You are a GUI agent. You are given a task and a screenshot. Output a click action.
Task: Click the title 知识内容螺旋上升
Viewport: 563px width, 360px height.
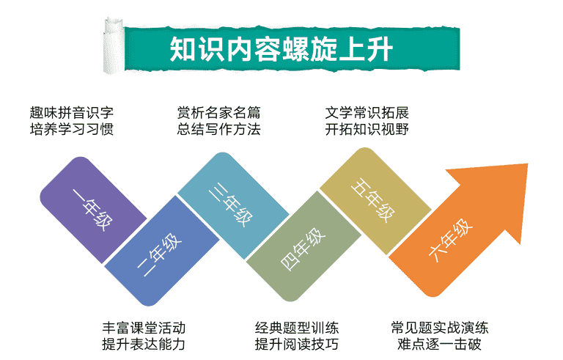coord(281,49)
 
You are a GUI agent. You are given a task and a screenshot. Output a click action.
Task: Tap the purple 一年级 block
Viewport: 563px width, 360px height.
coord(93,210)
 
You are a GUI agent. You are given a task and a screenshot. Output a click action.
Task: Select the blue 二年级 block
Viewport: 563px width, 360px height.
coord(162,251)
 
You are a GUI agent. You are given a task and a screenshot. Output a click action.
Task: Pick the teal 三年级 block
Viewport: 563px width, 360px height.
coord(233,205)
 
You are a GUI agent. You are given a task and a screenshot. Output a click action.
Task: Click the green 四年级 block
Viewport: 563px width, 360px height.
coord(303,246)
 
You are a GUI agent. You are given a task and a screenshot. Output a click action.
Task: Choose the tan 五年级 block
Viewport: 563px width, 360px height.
coord(375,201)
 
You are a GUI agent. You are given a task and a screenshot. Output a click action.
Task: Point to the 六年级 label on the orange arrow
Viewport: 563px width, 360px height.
coord(450,240)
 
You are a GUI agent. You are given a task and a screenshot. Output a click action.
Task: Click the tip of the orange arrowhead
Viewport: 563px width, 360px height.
coord(528,164)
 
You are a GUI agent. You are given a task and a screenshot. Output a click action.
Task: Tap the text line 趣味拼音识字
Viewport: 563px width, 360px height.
coord(72,113)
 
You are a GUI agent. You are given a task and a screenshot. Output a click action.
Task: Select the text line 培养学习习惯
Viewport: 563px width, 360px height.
coord(72,129)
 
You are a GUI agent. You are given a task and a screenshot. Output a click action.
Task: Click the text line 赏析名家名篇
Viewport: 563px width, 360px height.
coord(218,113)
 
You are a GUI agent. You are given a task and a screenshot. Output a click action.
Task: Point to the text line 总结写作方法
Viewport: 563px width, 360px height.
coord(218,129)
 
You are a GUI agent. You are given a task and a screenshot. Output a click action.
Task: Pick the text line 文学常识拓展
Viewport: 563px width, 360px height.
coord(367,113)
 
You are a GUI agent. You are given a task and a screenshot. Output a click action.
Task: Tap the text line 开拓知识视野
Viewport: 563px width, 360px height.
coord(367,129)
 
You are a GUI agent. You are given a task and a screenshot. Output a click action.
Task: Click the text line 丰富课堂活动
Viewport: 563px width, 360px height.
coord(144,328)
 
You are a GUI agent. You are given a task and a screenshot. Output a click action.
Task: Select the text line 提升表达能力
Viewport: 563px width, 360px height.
coord(144,344)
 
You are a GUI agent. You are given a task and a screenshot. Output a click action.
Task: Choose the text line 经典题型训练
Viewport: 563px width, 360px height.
coord(297,328)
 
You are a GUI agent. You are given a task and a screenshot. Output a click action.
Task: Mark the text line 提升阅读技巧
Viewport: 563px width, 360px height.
coord(297,344)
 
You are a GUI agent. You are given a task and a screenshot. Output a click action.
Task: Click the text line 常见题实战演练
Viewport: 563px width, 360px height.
coord(440,328)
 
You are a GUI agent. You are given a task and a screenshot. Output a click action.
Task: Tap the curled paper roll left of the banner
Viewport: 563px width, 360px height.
coord(114,45)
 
